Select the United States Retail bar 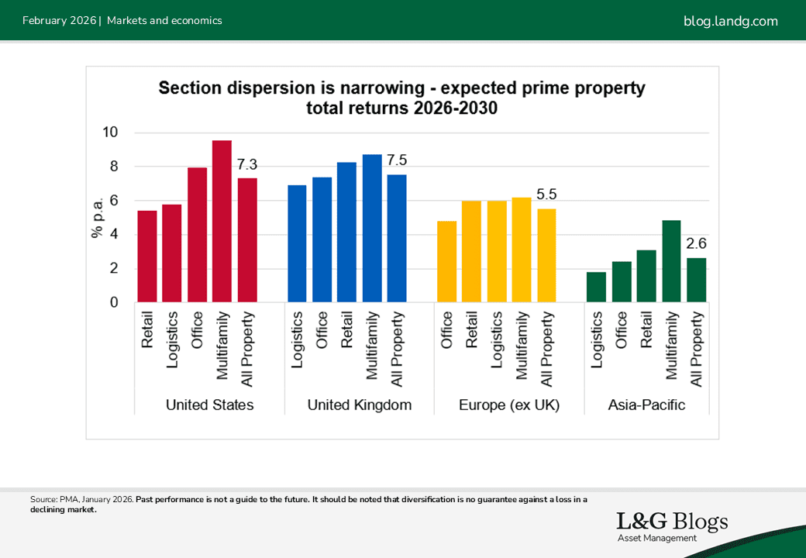pos(147,257)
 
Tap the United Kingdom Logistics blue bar pos(297,244)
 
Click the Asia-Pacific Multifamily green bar pos(671,262)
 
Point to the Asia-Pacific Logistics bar pos(597,288)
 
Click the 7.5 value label pos(396,160)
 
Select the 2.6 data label pos(697,243)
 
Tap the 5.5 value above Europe pos(546,195)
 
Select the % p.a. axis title pos(98,218)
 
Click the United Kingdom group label pos(360,405)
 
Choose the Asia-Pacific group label pos(647,405)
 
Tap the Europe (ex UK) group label pos(509,405)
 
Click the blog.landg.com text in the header pos(730,21)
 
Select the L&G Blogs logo pos(671,525)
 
